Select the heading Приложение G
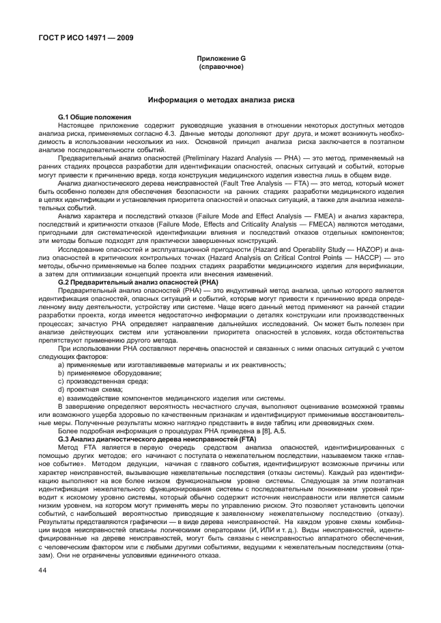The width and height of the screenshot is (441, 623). [x=220, y=60]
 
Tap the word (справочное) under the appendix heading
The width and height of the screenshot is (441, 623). [x=220, y=68]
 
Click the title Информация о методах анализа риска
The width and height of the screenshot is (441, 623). [x=221, y=100]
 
